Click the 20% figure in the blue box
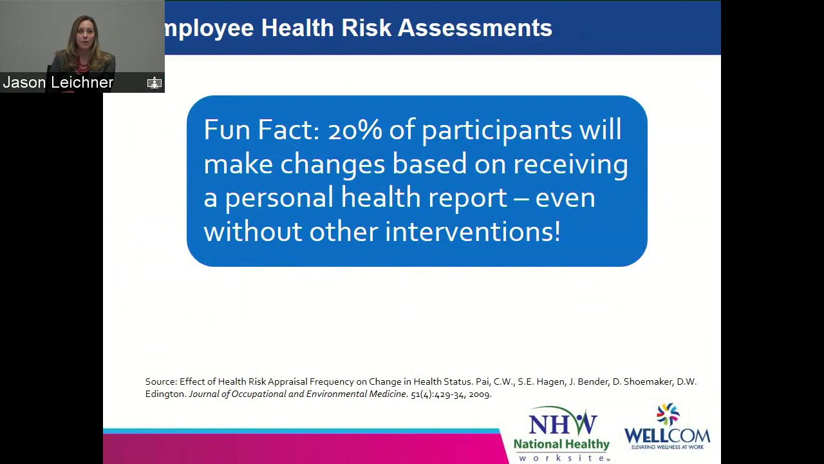[355, 130]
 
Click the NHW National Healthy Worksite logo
[561, 434]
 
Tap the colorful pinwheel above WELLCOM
[668, 414]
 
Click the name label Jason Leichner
[58, 82]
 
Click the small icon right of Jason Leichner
[154, 82]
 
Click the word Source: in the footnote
[161, 382]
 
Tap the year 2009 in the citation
[480, 394]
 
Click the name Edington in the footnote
[165, 394]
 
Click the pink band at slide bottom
[303, 449]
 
